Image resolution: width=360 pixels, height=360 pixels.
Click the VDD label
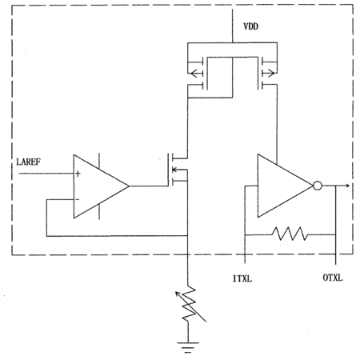tap(250, 26)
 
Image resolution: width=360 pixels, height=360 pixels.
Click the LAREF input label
tap(29, 162)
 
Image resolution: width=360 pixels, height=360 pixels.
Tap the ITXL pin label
tap(242, 278)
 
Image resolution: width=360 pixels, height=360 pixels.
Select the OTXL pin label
tap(333, 278)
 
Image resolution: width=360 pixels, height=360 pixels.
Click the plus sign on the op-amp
tap(78, 174)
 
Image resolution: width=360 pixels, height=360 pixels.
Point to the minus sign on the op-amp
tap(78, 199)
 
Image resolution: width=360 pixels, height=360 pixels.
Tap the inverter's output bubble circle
tap(318, 186)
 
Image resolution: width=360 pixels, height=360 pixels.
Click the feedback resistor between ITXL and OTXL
tap(290, 234)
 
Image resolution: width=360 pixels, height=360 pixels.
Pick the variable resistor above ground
tap(189, 303)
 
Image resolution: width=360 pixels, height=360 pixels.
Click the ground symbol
tap(188, 347)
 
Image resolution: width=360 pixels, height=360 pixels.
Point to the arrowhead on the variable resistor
tap(177, 294)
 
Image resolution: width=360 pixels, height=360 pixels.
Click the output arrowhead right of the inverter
tap(347, 186)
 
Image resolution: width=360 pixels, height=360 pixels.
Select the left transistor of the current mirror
tap(198, 74)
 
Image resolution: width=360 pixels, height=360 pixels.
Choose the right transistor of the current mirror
tap(267, 73)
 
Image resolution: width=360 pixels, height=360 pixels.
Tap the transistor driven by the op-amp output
tap(178, 170)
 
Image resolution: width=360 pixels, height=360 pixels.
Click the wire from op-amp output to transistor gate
tap(149, 186)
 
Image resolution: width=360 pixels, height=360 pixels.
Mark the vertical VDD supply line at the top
tap(232, 26)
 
